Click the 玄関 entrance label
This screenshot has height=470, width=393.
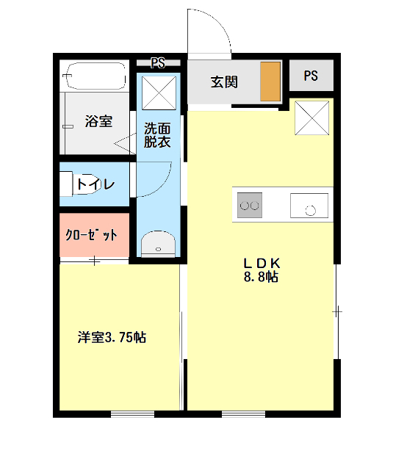tap(224, 81)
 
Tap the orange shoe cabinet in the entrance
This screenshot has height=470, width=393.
tap(270, 81)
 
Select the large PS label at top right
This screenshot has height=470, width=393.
tap(311, 76)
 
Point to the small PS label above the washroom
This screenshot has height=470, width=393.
tap(157, 62)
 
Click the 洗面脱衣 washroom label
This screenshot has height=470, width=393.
tap(157, 134)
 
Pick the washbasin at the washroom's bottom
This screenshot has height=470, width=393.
tap(157, 244)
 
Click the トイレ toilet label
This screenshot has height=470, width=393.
tap(95, 184)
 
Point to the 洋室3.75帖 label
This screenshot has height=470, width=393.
tap(112, 338)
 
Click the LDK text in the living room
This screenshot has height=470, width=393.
tap(262, 263)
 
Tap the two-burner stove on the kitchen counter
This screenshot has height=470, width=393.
tap(250, 206)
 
